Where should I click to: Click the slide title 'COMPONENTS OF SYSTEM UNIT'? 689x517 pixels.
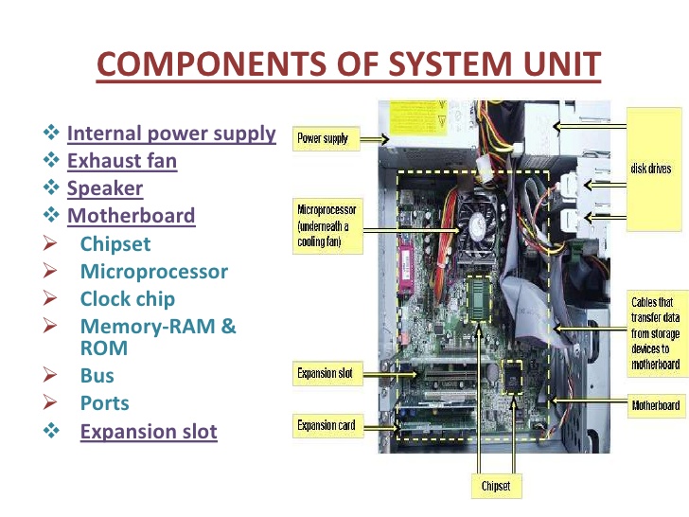coord(348,64)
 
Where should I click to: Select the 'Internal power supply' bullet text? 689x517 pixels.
coord(171,134)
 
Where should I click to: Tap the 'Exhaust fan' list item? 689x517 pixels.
coord(122,161)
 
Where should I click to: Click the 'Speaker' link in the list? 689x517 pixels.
coord(105,188)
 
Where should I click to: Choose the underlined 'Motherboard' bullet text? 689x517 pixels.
coord(131,216)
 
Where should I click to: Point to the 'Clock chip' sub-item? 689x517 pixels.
coord(128,299)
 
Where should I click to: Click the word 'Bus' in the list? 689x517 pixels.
coord(97,376)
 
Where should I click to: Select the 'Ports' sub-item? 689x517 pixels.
coord(105,403)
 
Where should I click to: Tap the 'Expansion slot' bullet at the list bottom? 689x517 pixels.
coord(149,433)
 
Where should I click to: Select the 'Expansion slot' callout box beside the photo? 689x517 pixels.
coord(325,374)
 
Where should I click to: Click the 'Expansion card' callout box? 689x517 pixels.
coord(326,426)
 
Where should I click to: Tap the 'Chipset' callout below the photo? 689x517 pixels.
coord(495,487)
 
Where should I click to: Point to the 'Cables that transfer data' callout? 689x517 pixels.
coord(655,333)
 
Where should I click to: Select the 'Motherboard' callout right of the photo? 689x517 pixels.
coord(655,406)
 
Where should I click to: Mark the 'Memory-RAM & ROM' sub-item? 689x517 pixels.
coord(158,337)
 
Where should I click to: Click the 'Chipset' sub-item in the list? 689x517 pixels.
coord(115,244)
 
